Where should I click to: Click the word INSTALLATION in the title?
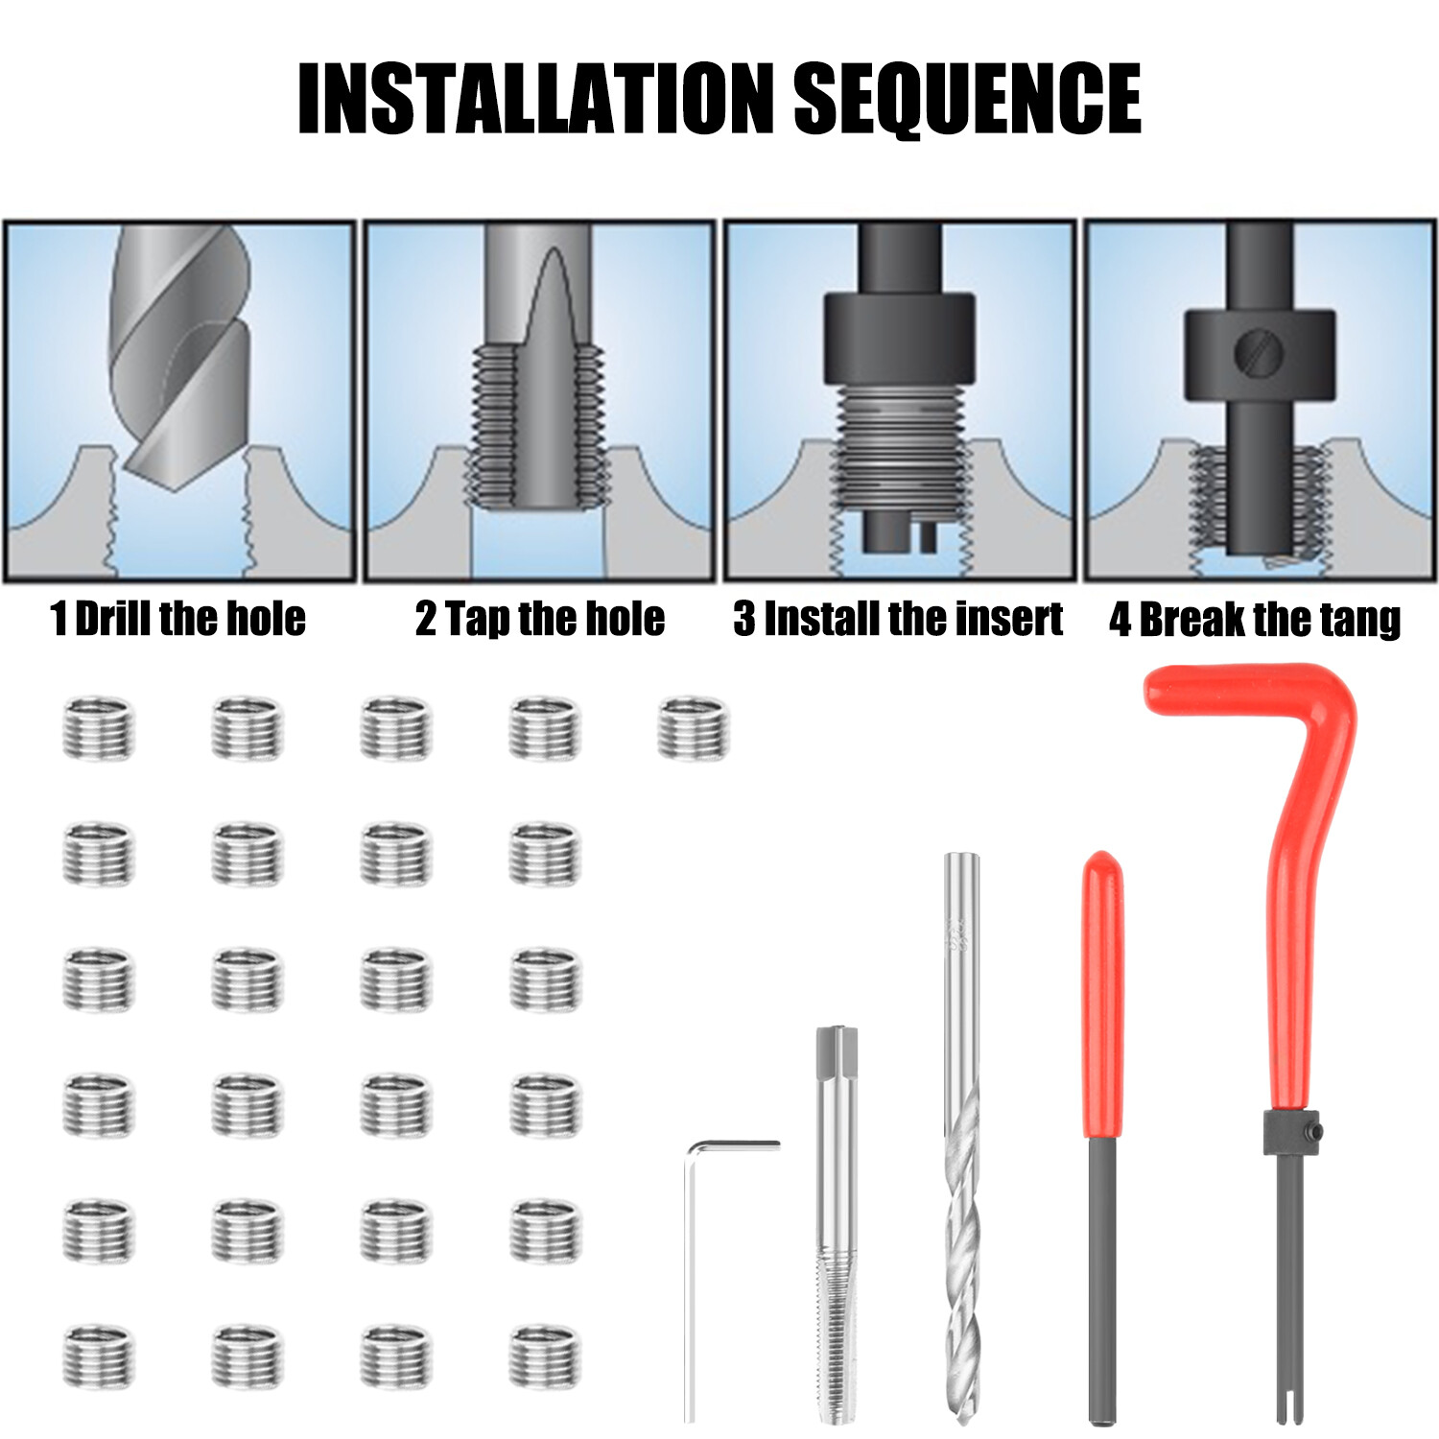pos(535,99)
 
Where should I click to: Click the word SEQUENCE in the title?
pos(969,99)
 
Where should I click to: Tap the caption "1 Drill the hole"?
pos(178,619)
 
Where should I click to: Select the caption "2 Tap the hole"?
pos(540,619)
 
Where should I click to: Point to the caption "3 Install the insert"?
pos(899,619)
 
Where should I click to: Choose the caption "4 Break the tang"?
pos(1255,620)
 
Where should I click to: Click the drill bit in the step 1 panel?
pos(180,355)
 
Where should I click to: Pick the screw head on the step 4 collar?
pos(1257,352)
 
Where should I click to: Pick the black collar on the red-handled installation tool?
pos(1290,1135)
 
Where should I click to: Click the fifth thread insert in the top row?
pos(694,727)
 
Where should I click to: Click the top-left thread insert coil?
pos(99,728)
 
